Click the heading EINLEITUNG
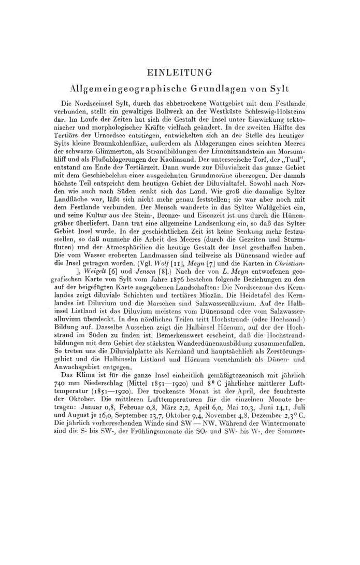[179, 72]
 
